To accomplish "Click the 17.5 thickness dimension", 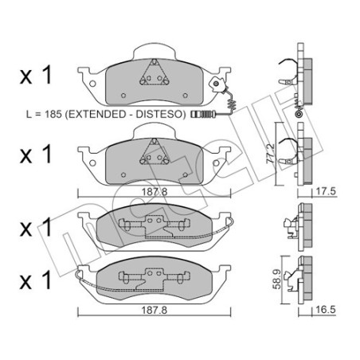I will point(322,192).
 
